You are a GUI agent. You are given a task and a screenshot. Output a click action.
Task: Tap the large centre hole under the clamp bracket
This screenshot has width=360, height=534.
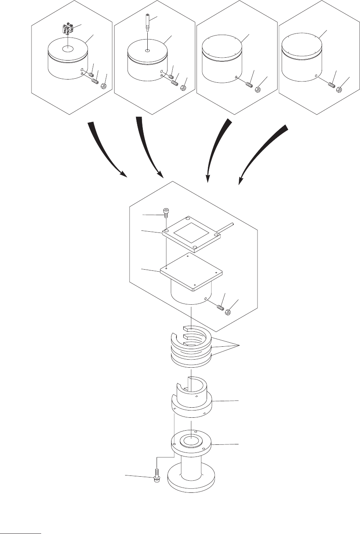(x=68, y=49)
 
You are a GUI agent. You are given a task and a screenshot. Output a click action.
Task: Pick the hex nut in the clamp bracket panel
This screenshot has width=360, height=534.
(x=103, y=86)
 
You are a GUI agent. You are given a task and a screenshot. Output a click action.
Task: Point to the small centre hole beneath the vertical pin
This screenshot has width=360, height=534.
(x=148, y=51)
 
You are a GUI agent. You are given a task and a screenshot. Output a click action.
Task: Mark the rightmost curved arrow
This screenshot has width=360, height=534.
(x=262, y=151)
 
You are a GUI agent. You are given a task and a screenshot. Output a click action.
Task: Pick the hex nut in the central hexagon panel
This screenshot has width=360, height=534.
(x=228, y=312)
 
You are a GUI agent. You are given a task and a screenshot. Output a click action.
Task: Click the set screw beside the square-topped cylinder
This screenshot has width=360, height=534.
(x=220, y=308)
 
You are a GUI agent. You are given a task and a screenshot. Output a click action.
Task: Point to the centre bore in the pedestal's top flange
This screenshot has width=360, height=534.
(x=190, y=440)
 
